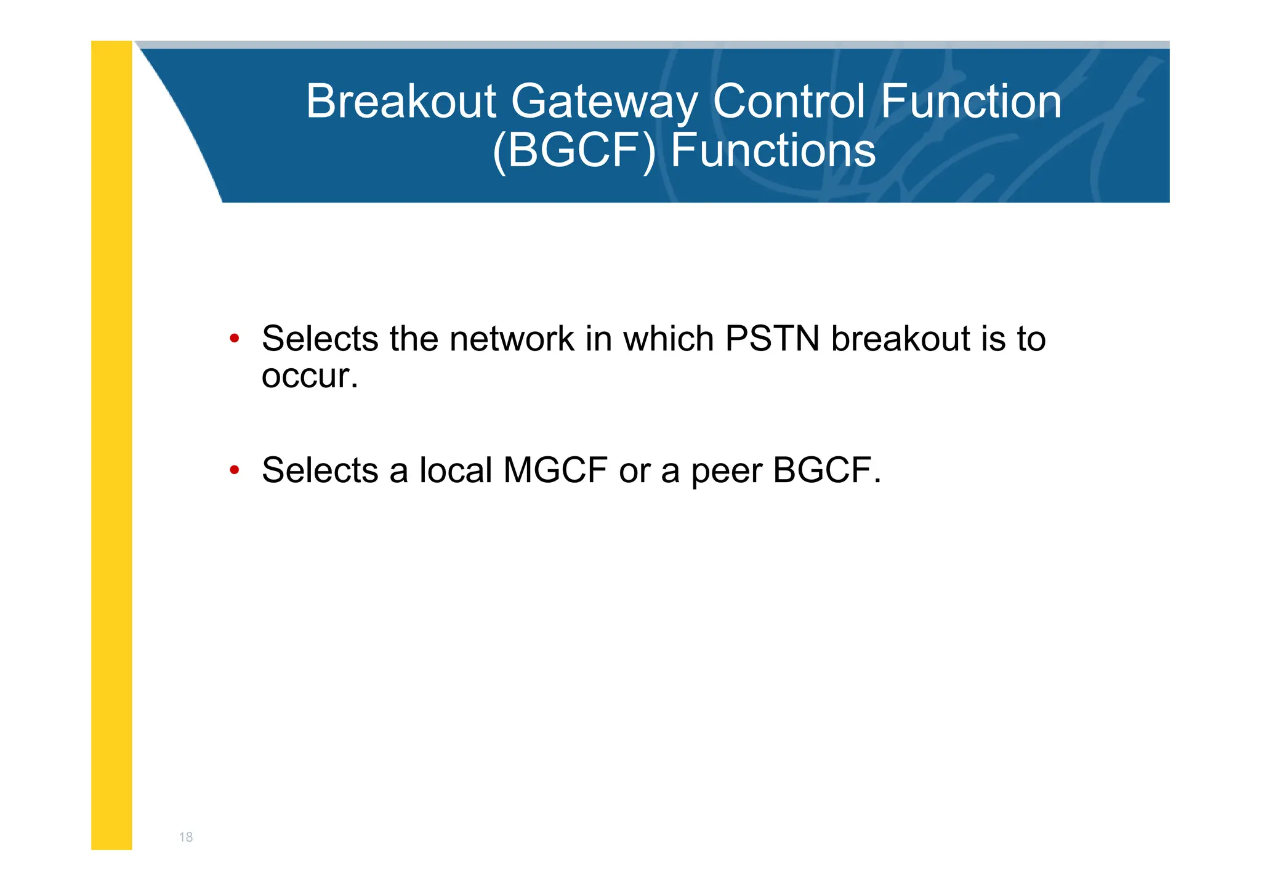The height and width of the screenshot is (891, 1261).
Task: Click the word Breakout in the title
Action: (x=401, y=102)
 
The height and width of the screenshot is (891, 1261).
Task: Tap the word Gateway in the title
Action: (x=605, y=103)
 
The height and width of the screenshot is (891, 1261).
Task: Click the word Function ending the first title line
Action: (x=971, y=102)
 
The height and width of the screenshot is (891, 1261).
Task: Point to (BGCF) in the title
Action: (x=574, y=151)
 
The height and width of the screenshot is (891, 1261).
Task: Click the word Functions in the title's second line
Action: (x=773, y=151)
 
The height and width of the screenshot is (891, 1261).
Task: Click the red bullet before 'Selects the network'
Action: (x=234, y=339)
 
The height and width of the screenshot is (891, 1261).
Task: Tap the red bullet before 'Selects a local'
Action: (x=234, y=470)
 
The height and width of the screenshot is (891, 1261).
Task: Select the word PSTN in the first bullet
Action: (x=772, y=339)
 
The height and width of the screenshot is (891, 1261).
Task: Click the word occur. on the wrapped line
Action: (x=310, y=376)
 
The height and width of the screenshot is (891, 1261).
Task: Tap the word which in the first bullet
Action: (x=668, y=339)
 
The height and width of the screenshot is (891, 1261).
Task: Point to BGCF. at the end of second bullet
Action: (x=827, y=470)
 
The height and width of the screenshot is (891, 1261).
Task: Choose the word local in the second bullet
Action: (x=456, y=470)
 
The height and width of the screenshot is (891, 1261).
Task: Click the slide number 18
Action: (x=185, y=837)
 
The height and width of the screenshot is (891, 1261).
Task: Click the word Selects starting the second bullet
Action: (x=320, y=470)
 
